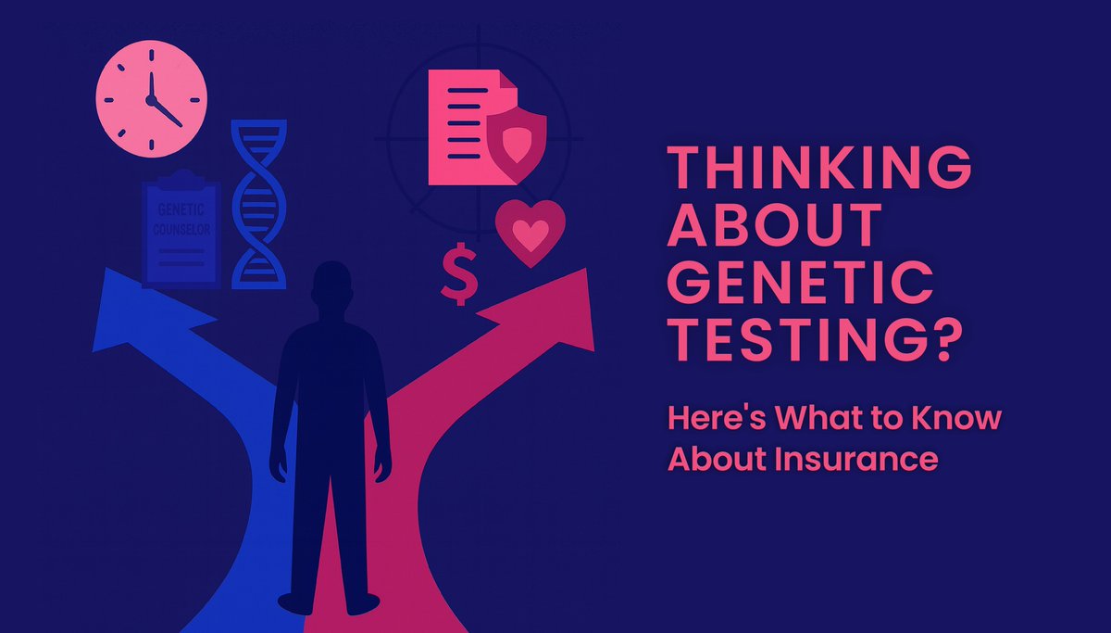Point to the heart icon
pyautogui.click(x=530, y=232)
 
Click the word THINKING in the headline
pyautogui.click(x=819, y=172)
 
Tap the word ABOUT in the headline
pyautogui.click(x=773, y=227)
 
